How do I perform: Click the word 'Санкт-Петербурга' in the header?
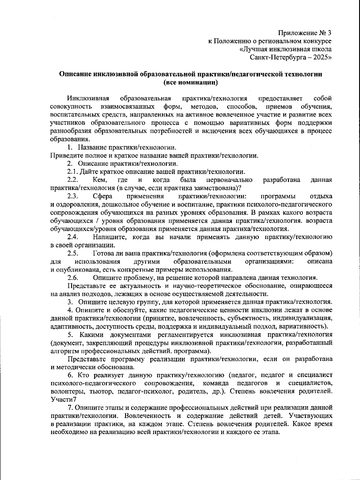pyautogui.click(x=274, y=57)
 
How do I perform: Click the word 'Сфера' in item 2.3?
pyautogui.click(x=103, y=196)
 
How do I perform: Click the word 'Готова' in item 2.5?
pyautogui.click(x=103, y=253)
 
